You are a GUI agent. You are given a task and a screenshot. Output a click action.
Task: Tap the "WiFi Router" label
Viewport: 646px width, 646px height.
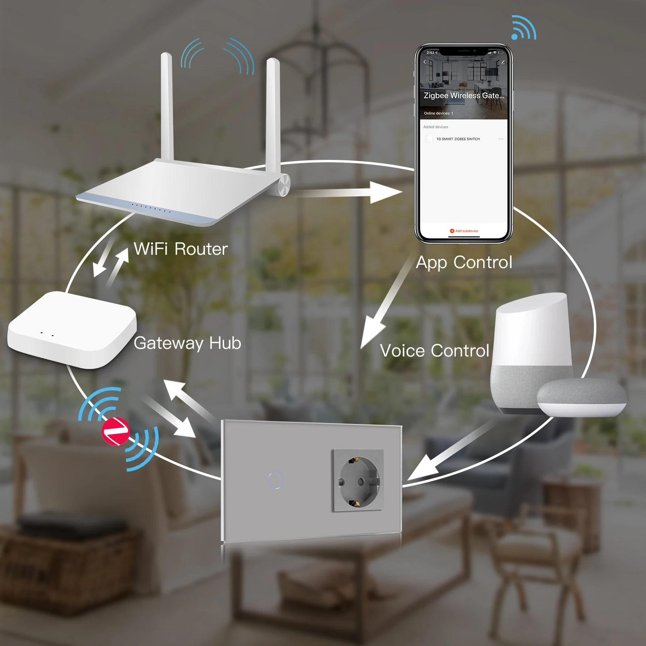pyautogui.click(x=180, y=249)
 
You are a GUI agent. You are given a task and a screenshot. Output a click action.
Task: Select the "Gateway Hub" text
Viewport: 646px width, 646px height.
pyautogui.click(x=187, y=343)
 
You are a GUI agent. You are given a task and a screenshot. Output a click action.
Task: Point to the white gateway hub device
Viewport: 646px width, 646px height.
pyautogui.click(x=72, y=329)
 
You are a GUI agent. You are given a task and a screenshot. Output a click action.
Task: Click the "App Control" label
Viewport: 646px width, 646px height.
pyautogui.click(x=464, y=262)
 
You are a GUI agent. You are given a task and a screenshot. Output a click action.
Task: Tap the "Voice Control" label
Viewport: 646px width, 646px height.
pyautogui.click(x=434, y=350)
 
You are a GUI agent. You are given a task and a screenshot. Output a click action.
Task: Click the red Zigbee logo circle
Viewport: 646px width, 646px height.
pyautogui.click(x=115, y=431)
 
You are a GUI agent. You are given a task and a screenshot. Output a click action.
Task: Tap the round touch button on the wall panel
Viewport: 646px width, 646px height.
pyautogui.click(x=276, y=480)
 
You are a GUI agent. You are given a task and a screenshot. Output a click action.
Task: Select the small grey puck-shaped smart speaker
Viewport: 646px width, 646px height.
pyautogui.click(x=581, y=398)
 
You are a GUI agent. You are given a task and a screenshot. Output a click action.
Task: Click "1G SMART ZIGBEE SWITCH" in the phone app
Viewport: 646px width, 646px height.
pyautogui.click(x=458, y=139)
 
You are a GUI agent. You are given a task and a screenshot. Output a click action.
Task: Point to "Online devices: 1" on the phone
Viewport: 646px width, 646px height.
pyautogui.click(x=438, y=113)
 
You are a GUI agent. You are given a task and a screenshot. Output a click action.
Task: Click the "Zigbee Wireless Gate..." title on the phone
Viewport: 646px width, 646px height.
pyautogui.click(x=464, y=96)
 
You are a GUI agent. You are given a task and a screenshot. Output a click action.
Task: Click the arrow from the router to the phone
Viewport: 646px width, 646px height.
pyautogui.click(x=347, y=192)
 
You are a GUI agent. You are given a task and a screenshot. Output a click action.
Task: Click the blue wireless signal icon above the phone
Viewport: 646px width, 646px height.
pyautogui.click(x=523, y=28)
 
